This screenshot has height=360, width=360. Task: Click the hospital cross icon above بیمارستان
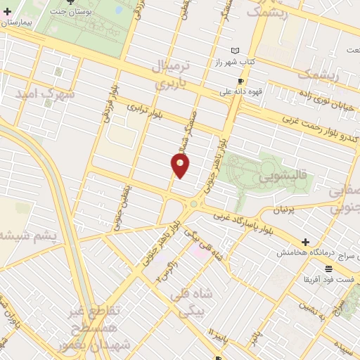[x=7, y=12]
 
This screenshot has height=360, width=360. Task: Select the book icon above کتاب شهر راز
[x=235, y=51]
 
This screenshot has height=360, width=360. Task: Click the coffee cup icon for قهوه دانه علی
[x=240, y=82]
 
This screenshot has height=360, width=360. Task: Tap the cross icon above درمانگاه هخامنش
[x=305, y=242]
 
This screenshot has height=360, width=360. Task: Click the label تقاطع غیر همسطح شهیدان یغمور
[x=98, y=328]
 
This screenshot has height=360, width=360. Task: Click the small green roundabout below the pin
[x=193, y=205]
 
